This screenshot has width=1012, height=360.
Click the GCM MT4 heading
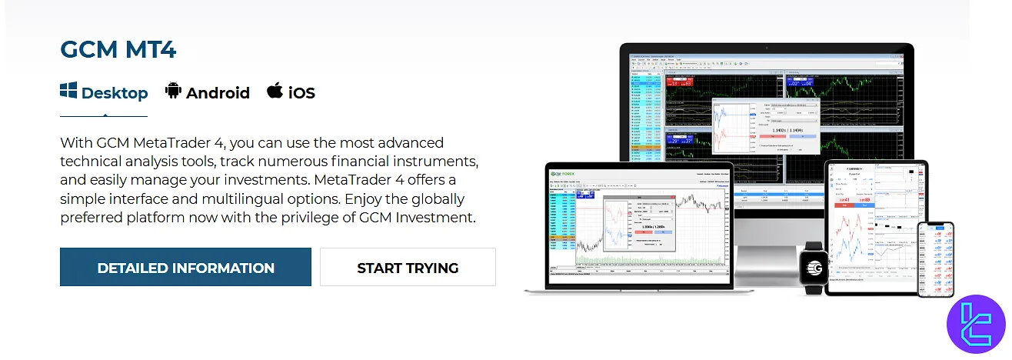118,50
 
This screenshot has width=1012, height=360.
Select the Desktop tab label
115,93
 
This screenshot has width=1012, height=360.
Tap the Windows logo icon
68,91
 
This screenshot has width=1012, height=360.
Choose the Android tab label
218,93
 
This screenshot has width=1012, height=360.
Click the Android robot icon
173,92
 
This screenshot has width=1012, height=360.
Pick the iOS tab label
301,93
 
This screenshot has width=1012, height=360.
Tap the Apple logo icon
275,91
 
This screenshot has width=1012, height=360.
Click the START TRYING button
408,268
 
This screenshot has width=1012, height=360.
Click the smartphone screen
935,258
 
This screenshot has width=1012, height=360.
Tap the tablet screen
875,225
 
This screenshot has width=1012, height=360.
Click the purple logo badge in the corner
976,325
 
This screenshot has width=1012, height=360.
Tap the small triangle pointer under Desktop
105,114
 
